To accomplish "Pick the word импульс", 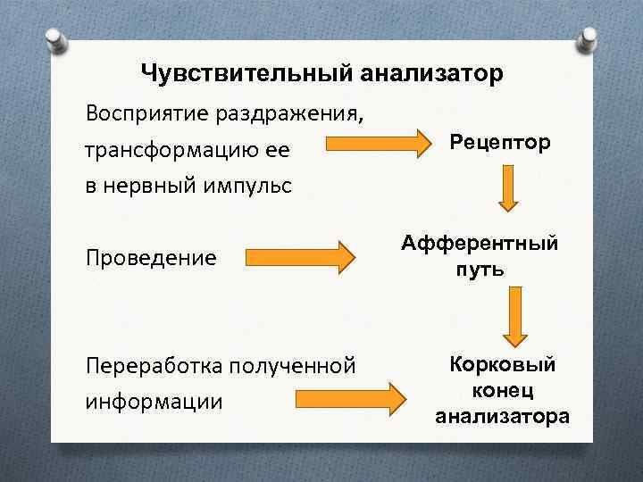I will click(249, 186).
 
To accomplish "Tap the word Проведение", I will click(151, 258).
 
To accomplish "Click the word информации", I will click(154, 401).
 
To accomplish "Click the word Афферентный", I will click(480, 244).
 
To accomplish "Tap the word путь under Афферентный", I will click(480, 270).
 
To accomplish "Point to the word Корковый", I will click(503, 364).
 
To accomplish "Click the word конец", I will click(503, 390).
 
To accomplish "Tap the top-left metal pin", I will click(55, 40).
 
